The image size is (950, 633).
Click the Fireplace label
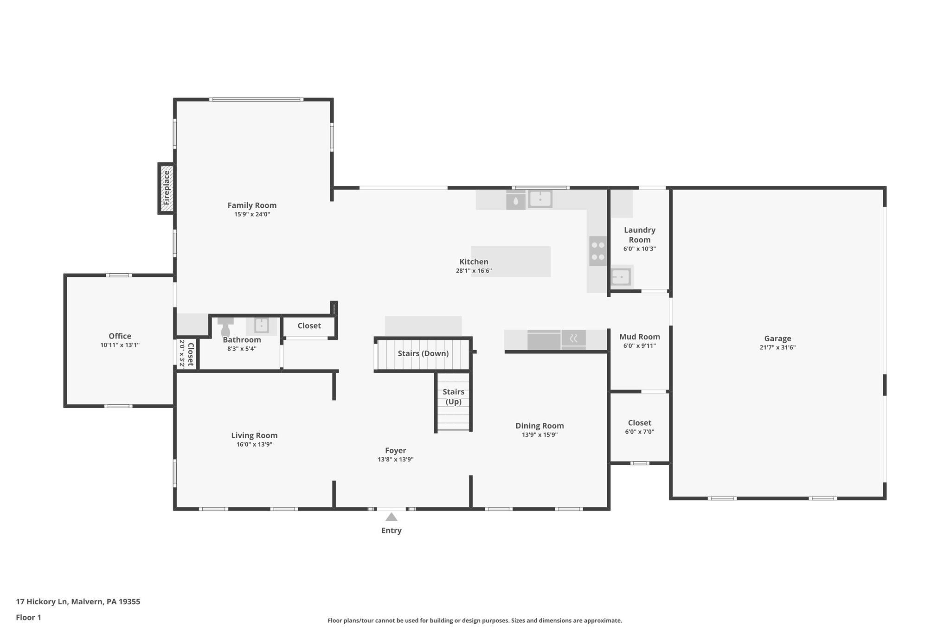point(167,188)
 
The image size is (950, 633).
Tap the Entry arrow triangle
point(391,517)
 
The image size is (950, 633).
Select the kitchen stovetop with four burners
point(598,251)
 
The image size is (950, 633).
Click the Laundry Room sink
point(620,277)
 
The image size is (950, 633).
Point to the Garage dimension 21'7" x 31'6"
point(777,347)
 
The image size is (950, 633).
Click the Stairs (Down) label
point(423,353)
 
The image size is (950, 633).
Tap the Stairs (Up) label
point(453,396)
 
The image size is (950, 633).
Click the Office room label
point(120,336)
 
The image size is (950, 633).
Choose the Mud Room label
point(639,337)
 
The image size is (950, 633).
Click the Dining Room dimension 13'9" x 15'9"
point(539,435)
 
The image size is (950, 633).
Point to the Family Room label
point(252,205)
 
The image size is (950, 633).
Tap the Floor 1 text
point(28,617)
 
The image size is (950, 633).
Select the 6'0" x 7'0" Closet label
point(639,423)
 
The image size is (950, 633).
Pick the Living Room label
point(254,435)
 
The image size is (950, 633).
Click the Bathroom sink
point(261,326)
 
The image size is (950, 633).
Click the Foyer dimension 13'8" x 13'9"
point(395,460)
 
